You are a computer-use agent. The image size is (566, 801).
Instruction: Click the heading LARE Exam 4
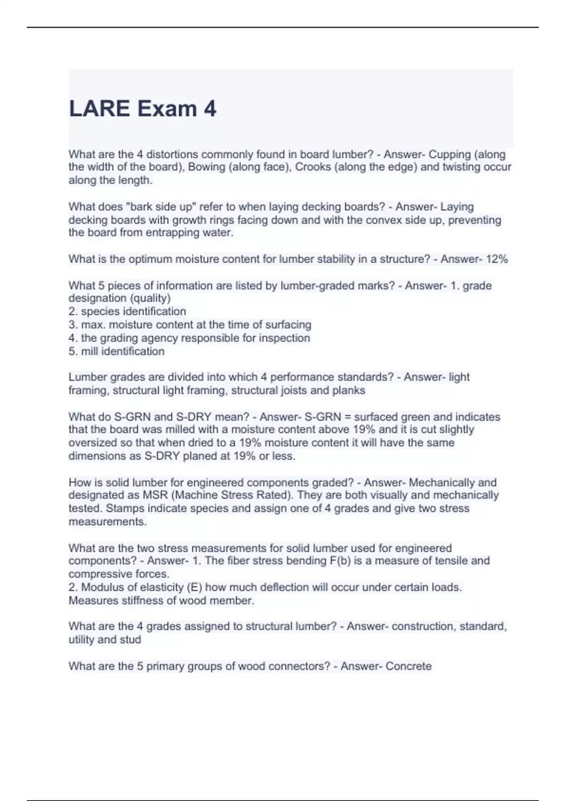(x=142, y=109)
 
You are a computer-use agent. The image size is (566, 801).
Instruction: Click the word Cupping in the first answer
(x=449, y=155)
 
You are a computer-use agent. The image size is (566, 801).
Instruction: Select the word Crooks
(x=313, y=167)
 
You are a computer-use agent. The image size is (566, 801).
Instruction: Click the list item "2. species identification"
(x=127, y=311)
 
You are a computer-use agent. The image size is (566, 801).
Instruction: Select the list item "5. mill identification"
(x=117, y=351)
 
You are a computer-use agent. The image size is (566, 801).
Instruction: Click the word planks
(x=348, y=391)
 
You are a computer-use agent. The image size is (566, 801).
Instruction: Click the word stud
(x=130, y=640)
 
